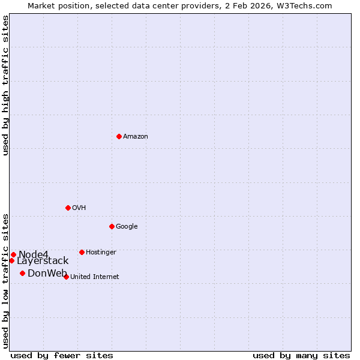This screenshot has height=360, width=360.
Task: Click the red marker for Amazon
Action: [x=119, y=136]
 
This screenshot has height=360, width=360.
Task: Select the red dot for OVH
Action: [x=68, y=208]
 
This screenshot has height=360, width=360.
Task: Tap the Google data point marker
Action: [x=112, y=226]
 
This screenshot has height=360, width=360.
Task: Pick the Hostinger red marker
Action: [x=82, y=252]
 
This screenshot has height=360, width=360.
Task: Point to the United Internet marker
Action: [x=66, y=277]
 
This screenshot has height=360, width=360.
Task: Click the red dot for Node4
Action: [x=13, y=254]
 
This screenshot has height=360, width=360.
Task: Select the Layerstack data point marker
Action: [x=11, y=260]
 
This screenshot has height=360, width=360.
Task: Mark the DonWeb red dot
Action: [x=22, y=273]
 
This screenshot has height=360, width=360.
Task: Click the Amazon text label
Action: [x=136, y=137]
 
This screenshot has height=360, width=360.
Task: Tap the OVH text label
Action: [x=79, y=208]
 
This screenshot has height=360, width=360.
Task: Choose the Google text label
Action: [x=127, y=227]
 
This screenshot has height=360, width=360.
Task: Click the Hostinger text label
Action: [x=101, y=253]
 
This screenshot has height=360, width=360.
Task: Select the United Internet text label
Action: [x=95, y=277]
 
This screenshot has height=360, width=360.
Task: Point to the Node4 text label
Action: [x=33, y=255]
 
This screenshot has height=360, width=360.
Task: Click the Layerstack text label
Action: [x=43, y=261]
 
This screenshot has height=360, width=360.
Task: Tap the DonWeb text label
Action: [x=47, y=274]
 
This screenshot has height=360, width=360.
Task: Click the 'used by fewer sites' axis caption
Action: [x=62, y=355]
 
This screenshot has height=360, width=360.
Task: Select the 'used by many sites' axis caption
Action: [x=301, y=355]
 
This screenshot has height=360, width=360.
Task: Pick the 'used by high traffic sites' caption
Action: [x=5, y=85]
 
